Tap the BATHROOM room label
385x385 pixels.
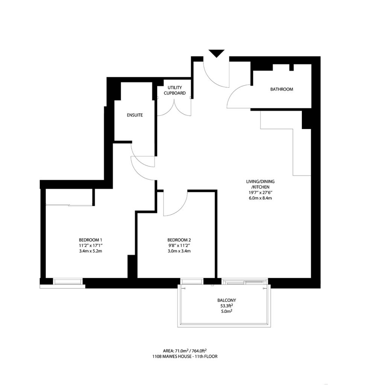(x=282, y=89)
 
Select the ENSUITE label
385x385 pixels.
(x=134, y=115)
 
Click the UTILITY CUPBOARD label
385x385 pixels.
(x=174, y=90)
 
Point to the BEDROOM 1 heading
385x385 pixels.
(x=91, y=240)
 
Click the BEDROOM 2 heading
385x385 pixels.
(x=179, y=240)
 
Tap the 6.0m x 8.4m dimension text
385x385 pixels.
(x=258, y=198)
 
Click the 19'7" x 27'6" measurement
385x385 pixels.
(x=258, y=192)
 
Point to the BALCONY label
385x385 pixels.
(x=227, y=300)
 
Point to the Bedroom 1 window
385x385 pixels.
(x=68, y=281)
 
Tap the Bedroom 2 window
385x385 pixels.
(x=192, y=281)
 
